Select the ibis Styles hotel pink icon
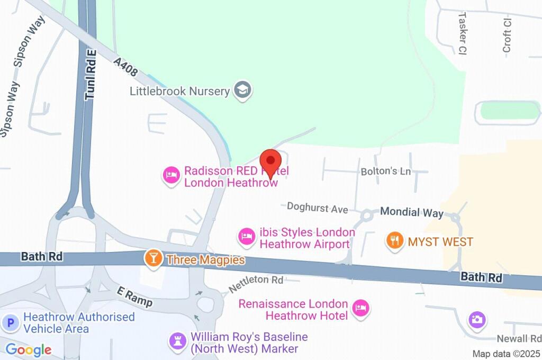[246, 236]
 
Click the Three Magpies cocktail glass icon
[153, 259]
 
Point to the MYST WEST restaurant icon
[394, 241]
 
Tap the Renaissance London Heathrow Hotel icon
[360, 309]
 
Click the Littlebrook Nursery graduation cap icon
[243, 90]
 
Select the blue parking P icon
[10, 322]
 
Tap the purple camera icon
[477, 319]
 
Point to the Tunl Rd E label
[91, 74]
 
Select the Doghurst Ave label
[317, 208]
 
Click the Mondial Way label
[412, 213]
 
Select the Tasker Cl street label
[462, 33]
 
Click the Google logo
[29, 349]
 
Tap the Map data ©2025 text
[506, 354]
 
